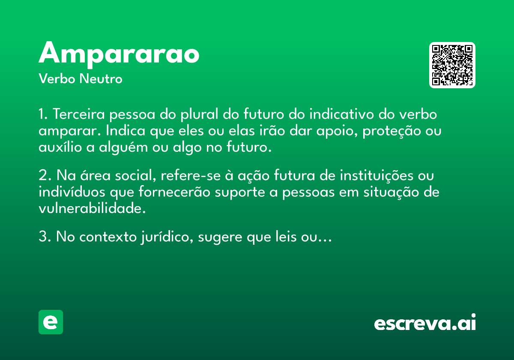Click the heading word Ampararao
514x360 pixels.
(119, 55)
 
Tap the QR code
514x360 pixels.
(452, 65)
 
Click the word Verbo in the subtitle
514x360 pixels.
(57, 79)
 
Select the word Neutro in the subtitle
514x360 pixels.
(101, 79)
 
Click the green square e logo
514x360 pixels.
(51, 322)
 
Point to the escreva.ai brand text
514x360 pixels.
(425, 322)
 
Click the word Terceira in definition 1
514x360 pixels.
(79, 114)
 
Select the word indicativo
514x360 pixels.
(342, 114)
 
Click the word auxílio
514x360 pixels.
(60, 147)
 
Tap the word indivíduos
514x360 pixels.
(72, 192)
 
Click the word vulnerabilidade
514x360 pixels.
(92, 208)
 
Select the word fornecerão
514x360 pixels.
(174, 192)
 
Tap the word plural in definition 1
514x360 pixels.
(200, 115)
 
